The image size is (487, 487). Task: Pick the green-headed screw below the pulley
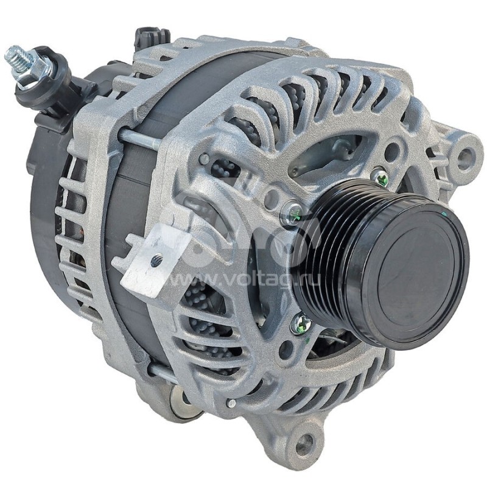click(x=301, y=325)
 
